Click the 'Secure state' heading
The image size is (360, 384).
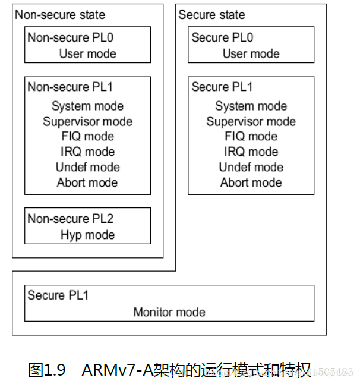coord(211,15)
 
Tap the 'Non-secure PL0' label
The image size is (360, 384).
coord(70,37)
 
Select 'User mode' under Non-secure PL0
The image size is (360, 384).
coord(87,53)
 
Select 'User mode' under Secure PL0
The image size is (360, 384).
coord(251,53)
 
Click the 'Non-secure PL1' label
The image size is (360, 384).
coord(70,87)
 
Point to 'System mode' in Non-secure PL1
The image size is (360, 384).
coord(87,106)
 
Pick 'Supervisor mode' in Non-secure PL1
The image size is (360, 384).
coord(87,122)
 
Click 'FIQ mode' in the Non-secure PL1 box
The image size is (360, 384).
coord(87,137)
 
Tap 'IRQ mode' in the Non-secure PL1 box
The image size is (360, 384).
coord(87,152)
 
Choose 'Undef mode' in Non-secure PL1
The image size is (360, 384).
coord(87,168)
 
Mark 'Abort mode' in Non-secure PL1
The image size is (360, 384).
coord(87,182)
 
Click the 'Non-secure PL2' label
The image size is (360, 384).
coord(70,219)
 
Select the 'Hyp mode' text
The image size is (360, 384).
coord(87,235)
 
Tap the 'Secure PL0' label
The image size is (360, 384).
coord(222,37)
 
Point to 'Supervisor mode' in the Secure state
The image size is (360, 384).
coord(251,122)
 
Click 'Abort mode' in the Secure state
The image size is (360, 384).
coord(251,182)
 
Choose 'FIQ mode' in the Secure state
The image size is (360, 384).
coord(251,137)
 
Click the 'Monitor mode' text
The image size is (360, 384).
coord(169,312)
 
